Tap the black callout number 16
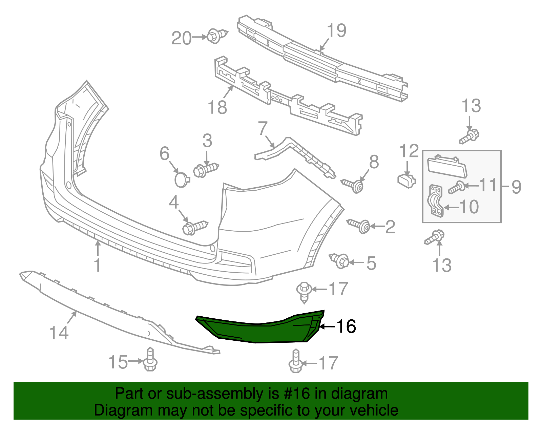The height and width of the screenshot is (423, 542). click(346, 326)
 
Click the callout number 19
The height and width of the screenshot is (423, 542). click(336, 30)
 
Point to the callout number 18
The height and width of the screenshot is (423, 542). click(217, 107)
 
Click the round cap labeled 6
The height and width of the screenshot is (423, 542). click(182, 179)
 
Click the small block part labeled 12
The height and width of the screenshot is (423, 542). click(406, 180)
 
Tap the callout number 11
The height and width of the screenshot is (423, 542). click(488, 185)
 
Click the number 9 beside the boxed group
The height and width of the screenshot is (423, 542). click(516, 187)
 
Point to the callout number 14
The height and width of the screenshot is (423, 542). click(59, 333)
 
